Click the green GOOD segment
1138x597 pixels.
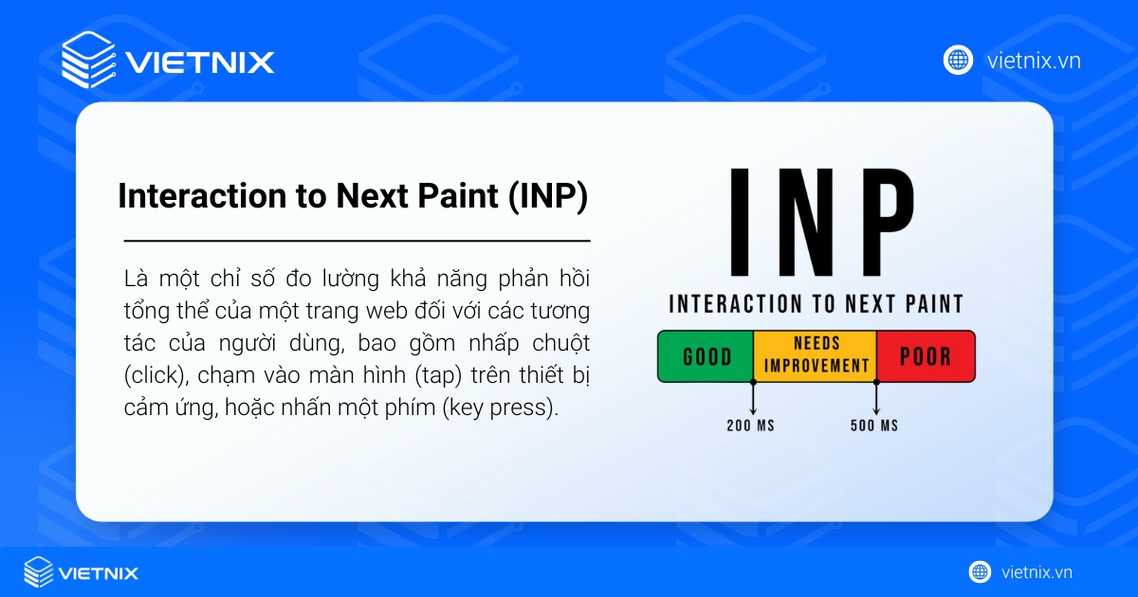pos(706,356)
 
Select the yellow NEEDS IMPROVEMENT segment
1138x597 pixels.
pos(816,355)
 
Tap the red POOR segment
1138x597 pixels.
pos(925,356)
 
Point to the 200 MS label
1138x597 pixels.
pos(751,425)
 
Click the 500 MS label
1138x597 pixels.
pos(874,425)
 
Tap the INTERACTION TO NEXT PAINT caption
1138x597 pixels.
pos(816,304)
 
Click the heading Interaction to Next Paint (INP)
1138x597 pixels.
pos(352,196)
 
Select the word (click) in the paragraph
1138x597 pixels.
pos(152,375)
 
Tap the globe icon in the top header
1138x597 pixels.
pos(958,61)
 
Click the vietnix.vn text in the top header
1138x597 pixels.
pos(1034,61)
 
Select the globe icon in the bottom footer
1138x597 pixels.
pos(980,572)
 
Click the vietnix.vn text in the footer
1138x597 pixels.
pos(1037,572)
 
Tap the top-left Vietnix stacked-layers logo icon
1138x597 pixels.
pos(88,60)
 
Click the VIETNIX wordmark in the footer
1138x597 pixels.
pos(99,572)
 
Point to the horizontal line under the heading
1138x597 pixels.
pos(357,241)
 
